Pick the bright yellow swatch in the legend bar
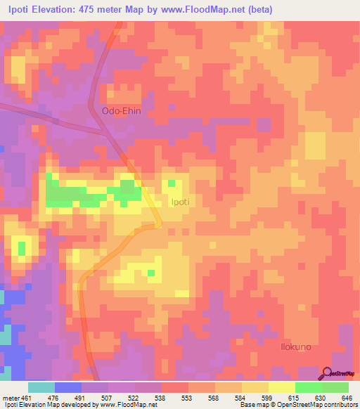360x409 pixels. click(x=281, y=387)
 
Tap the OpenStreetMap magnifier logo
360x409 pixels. click(x=328, y=372)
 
